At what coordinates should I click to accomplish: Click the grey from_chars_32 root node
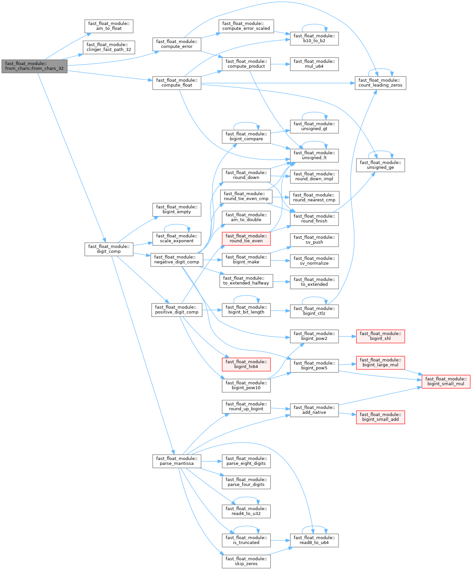34,66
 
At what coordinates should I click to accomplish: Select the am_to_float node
109,26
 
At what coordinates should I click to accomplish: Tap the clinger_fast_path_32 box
109,47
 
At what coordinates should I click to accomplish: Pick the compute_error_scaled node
246,26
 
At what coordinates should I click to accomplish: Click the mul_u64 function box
314,64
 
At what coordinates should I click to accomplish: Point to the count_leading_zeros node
380,83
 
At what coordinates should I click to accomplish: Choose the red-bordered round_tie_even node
246,238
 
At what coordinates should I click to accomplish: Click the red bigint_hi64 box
246,364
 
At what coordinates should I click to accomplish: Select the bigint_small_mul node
446,381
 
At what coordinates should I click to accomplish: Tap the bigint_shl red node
380,336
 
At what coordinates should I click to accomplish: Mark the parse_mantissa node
177,461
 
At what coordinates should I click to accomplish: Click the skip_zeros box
246,561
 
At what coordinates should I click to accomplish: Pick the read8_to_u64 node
314,540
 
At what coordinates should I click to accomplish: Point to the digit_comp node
109,249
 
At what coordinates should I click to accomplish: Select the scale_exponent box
177,238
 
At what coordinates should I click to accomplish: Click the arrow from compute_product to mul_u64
280,64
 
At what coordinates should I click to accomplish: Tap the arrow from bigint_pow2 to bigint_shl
347,336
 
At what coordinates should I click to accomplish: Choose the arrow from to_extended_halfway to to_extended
281,282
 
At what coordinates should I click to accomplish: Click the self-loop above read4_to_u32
246,498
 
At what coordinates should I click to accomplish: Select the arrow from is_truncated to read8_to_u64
280,540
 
